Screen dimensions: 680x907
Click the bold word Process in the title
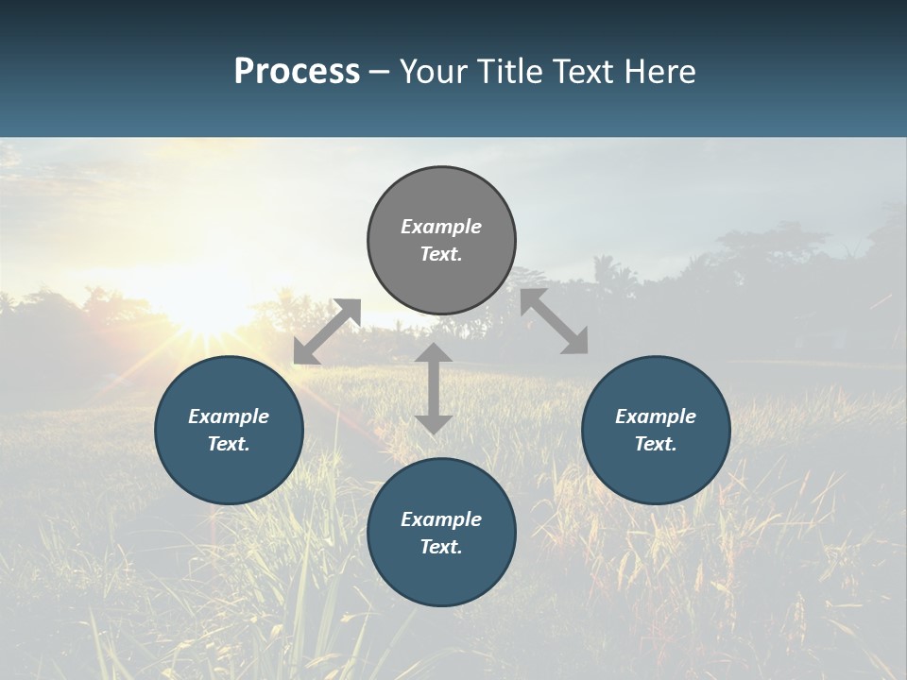(297, 72)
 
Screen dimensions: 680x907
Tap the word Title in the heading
(507, 72)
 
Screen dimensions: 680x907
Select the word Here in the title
(661, 72)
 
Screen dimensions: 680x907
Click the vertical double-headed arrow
(434, 388)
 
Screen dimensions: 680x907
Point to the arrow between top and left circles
(327, 331)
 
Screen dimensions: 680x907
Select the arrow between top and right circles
(555, 321)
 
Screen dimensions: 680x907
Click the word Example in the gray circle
(441, 227)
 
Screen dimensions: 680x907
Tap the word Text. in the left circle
(229, 444)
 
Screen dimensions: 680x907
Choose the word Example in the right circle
(656, 416)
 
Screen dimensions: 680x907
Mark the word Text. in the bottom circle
(441, 547)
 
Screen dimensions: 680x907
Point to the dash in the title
(380, 73)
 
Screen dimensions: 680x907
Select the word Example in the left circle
(229, 416)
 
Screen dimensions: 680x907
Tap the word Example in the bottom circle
(441, 519)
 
